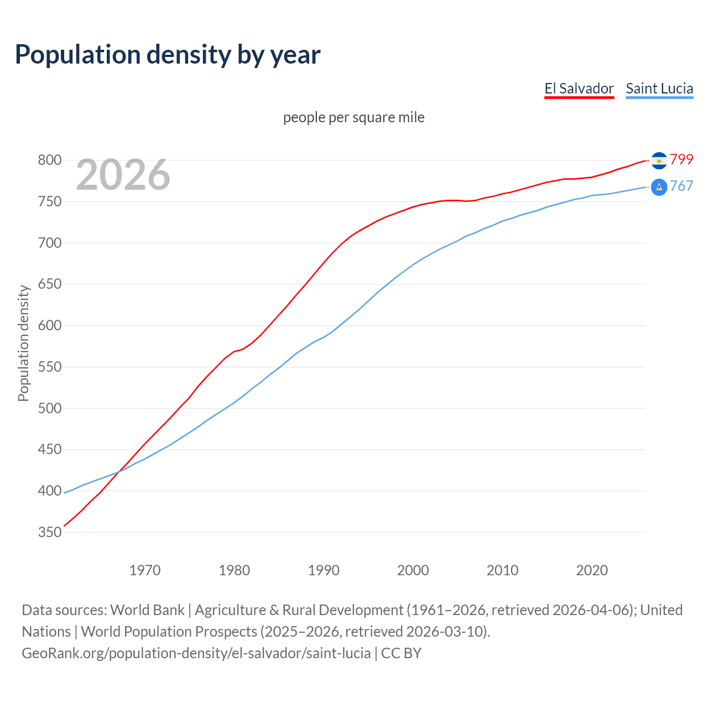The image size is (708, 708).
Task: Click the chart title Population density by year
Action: tap(168, 55)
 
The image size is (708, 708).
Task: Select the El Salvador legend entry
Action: tap(579, 88)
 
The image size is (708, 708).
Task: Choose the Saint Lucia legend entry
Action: tap(659, 88)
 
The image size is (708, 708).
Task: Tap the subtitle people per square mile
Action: tap(354, 117)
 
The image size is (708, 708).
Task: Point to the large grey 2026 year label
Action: tap(123, 175)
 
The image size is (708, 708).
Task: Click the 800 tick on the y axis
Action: tap(49, 160)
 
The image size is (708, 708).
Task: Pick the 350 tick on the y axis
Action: tap(49, 532)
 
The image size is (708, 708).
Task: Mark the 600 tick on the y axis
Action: tap(49, 325)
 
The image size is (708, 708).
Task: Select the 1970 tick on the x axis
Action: tap(145, 570)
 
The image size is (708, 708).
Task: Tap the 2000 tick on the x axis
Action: tap(413, 570)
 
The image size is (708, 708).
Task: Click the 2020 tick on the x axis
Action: tap(592, 570)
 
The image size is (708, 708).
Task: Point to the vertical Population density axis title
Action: tap(23, 343)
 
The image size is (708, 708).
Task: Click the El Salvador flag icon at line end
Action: tap(659, 160)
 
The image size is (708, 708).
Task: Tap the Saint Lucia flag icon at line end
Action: tap(659, 188)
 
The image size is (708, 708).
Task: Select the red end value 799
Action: tap(681, 159)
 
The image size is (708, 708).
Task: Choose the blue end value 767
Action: tap(681, 186)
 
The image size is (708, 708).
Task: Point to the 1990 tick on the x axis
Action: tap(324, 570)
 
